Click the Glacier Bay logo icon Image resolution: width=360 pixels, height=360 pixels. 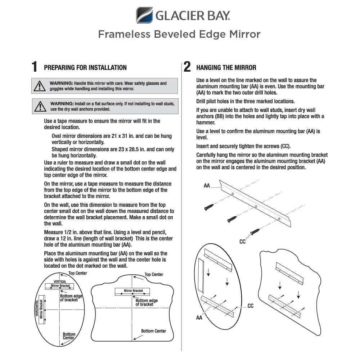click(144, 15)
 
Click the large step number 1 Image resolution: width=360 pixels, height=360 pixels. click(34, 67)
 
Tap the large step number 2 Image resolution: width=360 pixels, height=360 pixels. click(187, 67)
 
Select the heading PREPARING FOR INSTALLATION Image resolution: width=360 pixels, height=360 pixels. click(85, 68)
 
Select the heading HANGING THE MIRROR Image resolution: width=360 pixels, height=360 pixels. click(226, 68)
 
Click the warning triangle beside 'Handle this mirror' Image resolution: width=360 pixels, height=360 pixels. click(39, 86)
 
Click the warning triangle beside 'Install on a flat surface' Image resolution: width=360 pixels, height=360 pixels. click(40, 106)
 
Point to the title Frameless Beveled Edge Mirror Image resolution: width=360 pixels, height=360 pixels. click(179, 35)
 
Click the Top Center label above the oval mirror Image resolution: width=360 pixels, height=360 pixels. click(78, 273)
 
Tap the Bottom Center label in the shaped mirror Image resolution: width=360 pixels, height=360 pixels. click(153, 331)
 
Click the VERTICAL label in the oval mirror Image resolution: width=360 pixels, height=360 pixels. click(60, 282)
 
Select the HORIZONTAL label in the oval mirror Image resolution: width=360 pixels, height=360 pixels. click(36, 309)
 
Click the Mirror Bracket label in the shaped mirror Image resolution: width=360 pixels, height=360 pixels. click(133, 291)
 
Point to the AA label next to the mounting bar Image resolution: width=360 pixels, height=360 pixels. click(207, 186)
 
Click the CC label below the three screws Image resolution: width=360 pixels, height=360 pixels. click(243, 242)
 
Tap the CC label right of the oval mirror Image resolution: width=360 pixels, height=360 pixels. click(251, 306)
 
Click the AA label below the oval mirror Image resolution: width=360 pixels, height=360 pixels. click(199, 318)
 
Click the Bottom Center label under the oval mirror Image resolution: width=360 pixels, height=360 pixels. click(69, 336)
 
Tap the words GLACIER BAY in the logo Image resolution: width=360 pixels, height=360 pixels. click(193, 16)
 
